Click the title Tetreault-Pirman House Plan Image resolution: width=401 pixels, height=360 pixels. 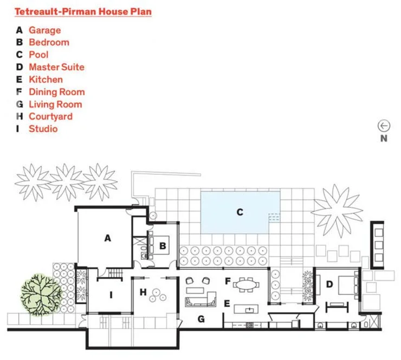pyautogui.click(x=83, y=12)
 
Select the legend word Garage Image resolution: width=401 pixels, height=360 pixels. pyautogui.click(x=45, y=30)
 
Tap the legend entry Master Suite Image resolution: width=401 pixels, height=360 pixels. pyautogui.click(x=57, y=67)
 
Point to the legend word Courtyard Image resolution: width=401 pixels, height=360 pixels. pyautogui.click(x=50, y=116)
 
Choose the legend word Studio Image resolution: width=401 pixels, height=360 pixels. pyautogui.click(x=43, y=129)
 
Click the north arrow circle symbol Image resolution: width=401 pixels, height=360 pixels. pyautogui.click(x=384, y=126)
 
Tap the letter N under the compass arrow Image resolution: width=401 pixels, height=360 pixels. pyautogui.click(x=384, y=139)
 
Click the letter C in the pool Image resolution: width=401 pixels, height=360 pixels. pyautogui.click(x=240, y=212)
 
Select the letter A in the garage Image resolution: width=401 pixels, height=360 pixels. pyautogui.click(x=108, y=238)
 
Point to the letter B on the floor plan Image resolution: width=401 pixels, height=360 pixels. pyautogui.click(x=163, y=246)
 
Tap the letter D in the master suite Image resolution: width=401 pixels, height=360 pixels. pyautogui.click(x=329, y=284)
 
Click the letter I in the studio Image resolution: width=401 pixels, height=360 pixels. pyautogui.click(x=111, y=295)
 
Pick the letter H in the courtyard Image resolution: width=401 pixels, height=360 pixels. pyautogui.click(x=143, y=292)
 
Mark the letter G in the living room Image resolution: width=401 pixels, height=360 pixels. pyautogui.click(x=201, y=319)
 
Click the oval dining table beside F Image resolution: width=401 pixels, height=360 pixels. pyautogui.click(x=246, y=284)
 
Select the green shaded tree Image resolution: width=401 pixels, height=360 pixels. pyautogui.click(x=41, y=294)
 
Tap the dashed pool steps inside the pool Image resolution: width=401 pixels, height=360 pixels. pyautogui.click(x=274, y=217)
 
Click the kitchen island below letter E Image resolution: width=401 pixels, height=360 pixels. pyautogui.click(x=246, y=309)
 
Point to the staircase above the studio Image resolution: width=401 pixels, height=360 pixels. pyautogui.click(x=115, y=273)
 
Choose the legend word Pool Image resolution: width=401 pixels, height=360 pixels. pyautogui.click(x=38, y=55)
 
